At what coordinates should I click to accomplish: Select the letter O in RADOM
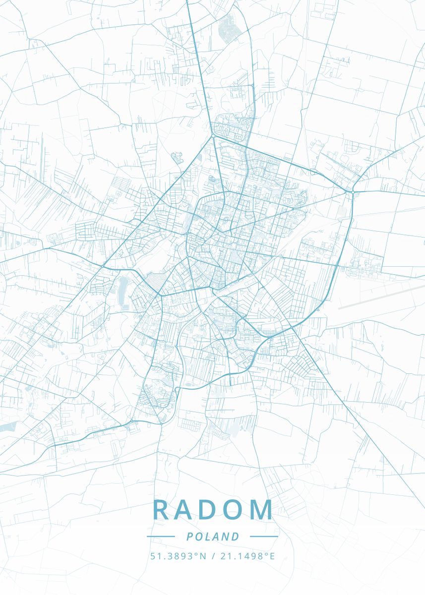coord(237,510)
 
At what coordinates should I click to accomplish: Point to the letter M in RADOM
coord(263,510)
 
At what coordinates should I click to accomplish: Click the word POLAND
coord(213,536)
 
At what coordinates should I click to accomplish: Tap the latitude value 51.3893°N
coord(178,556)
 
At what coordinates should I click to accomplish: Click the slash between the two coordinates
coord(213,556)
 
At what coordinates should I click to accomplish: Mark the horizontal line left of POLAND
coord(161,536)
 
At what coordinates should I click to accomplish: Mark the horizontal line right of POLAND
coord(264,536)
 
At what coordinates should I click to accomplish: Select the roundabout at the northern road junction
coord(213,135)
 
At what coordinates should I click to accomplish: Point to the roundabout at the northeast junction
coord(352,191)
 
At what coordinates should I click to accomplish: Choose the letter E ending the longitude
coord(272,556)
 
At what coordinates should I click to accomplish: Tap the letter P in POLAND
coord(190,536)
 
